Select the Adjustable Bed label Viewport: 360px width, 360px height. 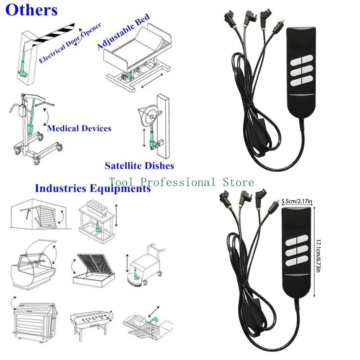click(123, 31)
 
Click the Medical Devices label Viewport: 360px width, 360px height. click(79, 128)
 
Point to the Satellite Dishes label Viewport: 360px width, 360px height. click(139, 165)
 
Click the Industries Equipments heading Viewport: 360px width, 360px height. click(93, 188)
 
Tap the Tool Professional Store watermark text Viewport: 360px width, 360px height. click(181, 182)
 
